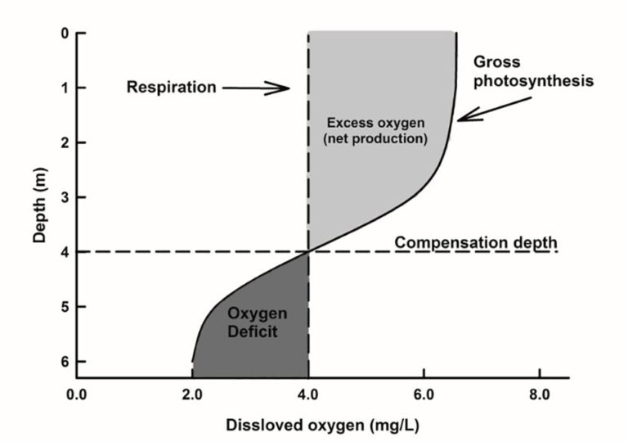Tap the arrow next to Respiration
pos(260,88)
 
